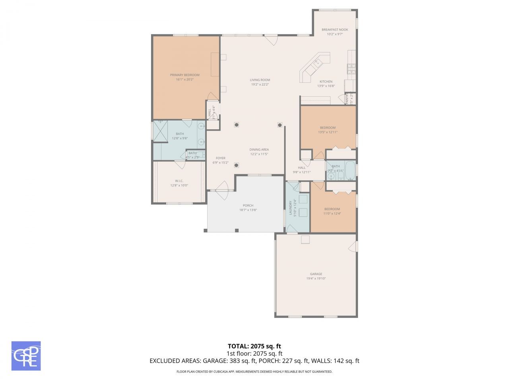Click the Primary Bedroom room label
[x=185, y=75]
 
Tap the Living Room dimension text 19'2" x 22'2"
[x=260, y=84]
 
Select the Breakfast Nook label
[x=334, y=29]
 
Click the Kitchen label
[x=326, y=82]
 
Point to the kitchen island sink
[x=318, y=62]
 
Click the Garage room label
[x=316, y=274]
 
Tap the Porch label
[x=248, y=205]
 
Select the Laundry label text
[x=290, y=207]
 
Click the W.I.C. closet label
[x=179, y=181]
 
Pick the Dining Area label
[x=259, y=150]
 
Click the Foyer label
[x=220, y=158]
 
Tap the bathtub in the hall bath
[x=350, y=170]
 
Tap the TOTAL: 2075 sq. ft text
[x=254, y=346]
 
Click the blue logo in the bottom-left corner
[x=26, y=356]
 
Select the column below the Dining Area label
[x=236, y=165]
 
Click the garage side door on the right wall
[x=353, y=247]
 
